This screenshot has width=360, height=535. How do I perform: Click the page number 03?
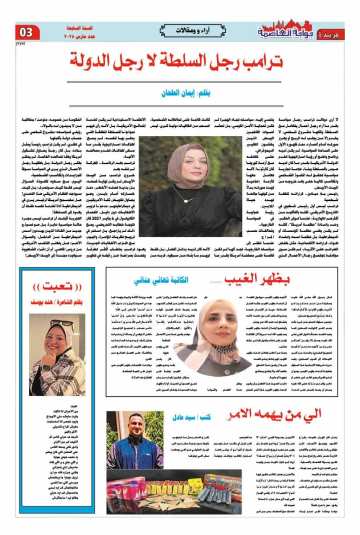26,32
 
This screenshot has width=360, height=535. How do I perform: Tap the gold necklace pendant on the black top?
188,200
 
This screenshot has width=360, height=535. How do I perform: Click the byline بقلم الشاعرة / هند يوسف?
57,302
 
